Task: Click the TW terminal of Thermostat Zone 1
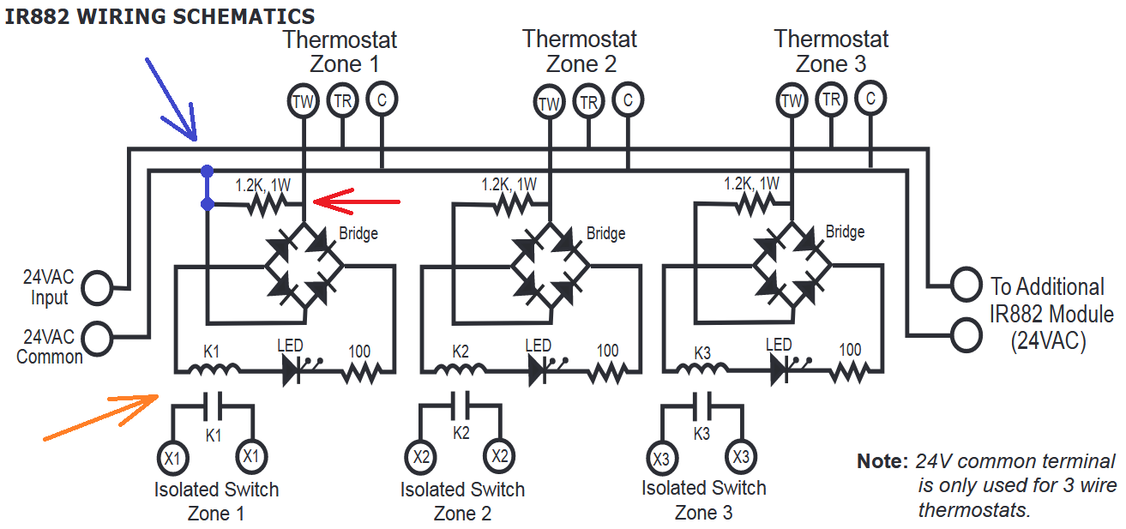pyautogui.click(x=303, y=101)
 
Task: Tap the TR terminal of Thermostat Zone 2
pyautogui.click(x=588, y=101)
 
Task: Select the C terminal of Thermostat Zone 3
pyautogui.click(x=870, y=98)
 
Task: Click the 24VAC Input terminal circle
pyautogui.click(x=98, y=288)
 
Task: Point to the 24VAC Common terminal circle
pyautogui.click(x=98, y=339)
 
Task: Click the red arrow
pyautogui.click(x=357, y=201)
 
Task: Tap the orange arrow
pyautogui.click(x=101, y=418)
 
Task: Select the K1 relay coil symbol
pyautogui.click(x=214, y=370)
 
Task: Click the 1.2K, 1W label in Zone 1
pyautogui.click(x=263, y=185)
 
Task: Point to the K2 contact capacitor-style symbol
pyautogui.click(x=461, y=406)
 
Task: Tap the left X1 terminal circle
pyautogui.click(x=173, y=458)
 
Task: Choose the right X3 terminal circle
pyautogui.click(x=741, y=457)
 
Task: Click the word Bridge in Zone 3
pyautogui.click(x=845, y=231)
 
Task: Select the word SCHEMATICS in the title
pyautogui.click(x=244, y=16)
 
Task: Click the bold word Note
pyautogui.click(x=882, y=460)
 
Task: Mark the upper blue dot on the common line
pyautogui.click(x=207, y=171)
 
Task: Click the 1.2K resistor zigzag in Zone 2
pyautogui.click(x=512, y=205)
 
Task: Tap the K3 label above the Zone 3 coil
pyautogui.click(x=702, y=353)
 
